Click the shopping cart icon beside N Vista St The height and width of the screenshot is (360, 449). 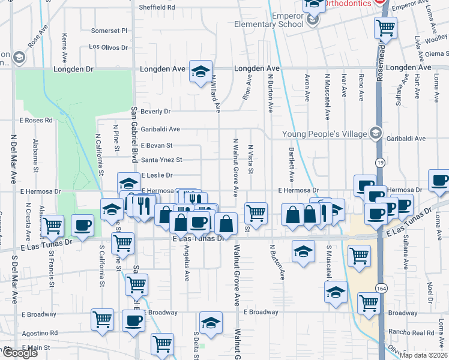click(256, 213)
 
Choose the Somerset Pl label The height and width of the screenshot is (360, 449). click(109, 31)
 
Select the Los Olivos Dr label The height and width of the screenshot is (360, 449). click(109, 46)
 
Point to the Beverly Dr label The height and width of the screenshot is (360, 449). click(155, 112)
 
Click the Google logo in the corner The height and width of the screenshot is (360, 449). click(19, 353)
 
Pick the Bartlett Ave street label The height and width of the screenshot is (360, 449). click(292, 165)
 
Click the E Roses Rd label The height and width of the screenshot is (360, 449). click(36, 120)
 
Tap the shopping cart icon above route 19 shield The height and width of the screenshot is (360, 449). click(385, 27)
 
